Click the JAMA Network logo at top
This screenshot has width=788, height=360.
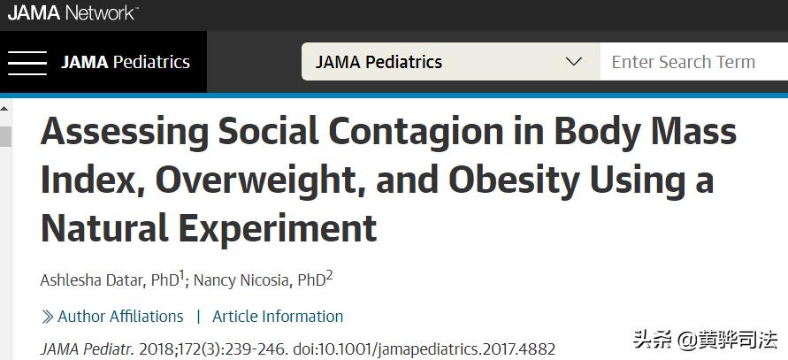[73, 13]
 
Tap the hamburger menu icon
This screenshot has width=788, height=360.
[27, 62]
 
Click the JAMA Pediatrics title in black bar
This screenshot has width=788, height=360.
[126, 62]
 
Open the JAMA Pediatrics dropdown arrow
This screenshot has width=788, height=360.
[574, 62]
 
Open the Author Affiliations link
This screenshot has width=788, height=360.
[120, 316]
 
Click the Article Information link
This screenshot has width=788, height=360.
[278, 316]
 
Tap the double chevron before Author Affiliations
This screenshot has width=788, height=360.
[48, 317]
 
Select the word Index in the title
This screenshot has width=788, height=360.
[91, 180]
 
